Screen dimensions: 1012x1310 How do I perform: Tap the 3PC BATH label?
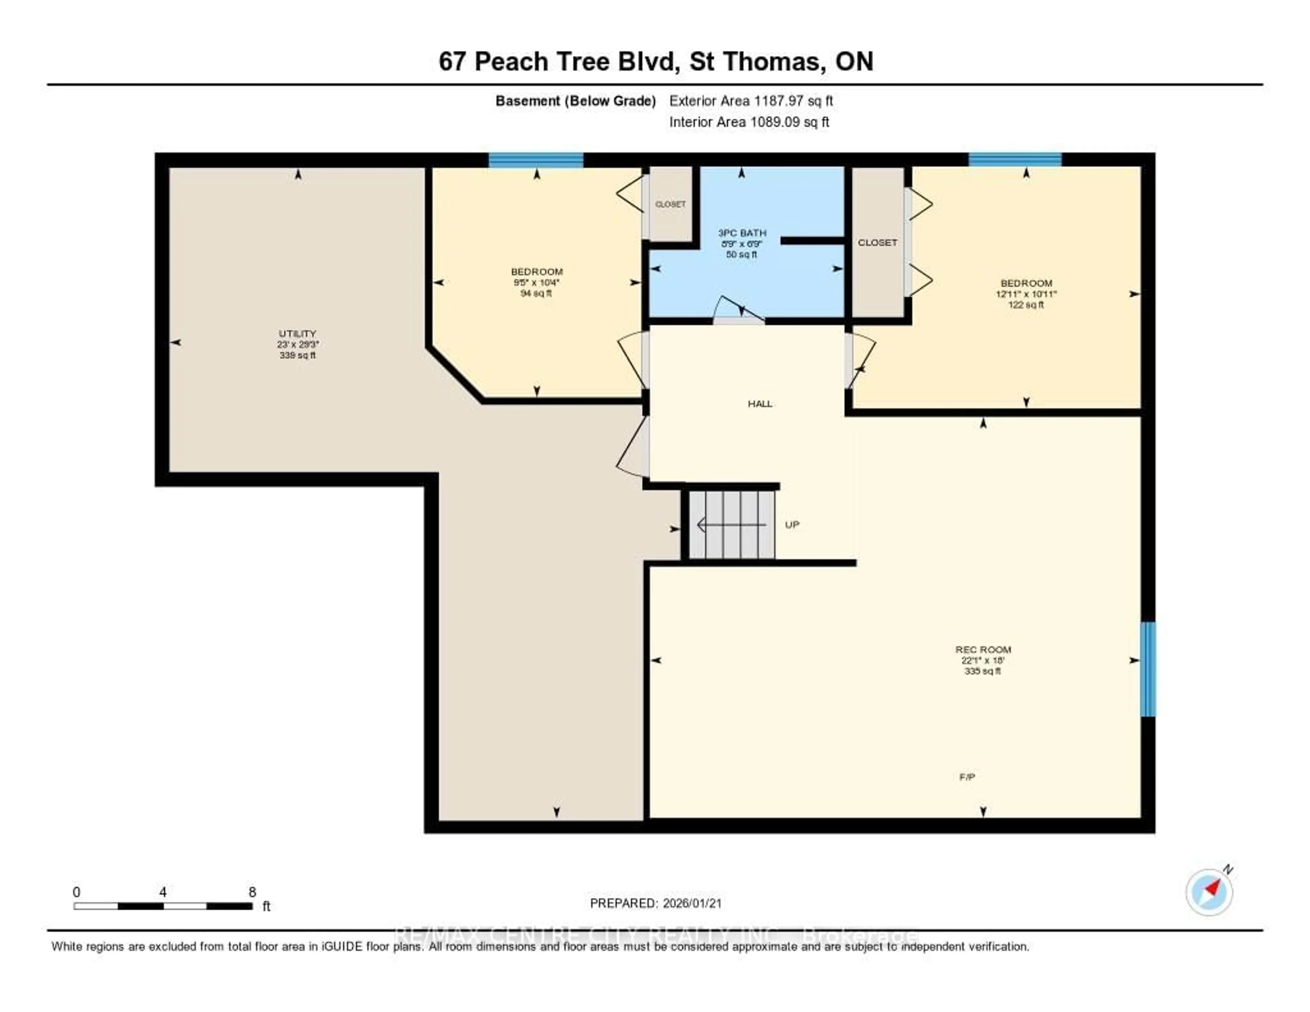click(x=742, y=233)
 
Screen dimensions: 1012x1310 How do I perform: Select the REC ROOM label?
click(x=982, y=649)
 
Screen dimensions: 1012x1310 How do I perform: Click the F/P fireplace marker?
click(x=967, y=777)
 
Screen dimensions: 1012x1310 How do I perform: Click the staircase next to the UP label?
click(x=731, y=525)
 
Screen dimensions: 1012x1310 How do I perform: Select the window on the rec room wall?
click(x=1147, y=669)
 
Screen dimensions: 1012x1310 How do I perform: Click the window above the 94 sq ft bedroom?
click(x=536, y=160)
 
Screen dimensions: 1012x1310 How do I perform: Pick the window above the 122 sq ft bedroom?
click(x=1015, y=160)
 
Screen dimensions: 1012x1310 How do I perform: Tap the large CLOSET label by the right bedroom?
click(x=877, y=242)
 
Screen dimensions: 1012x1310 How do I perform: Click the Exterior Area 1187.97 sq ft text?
click(x=751, y=101)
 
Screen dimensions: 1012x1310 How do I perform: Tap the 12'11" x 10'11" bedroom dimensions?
click(x=1026, y=294)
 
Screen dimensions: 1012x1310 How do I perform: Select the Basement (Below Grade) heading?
click(x=575, y=101)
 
